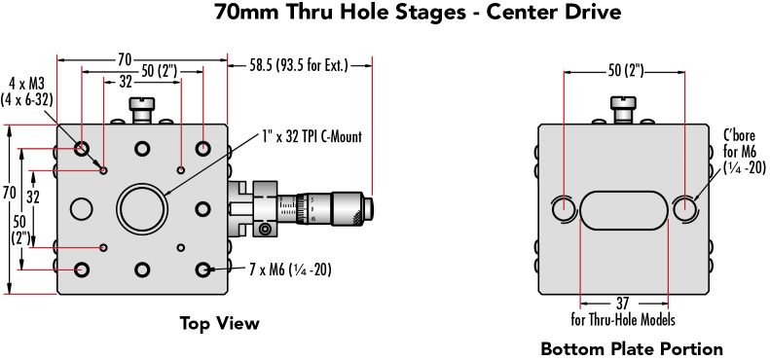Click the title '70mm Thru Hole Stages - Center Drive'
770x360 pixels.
(x=418, y=13)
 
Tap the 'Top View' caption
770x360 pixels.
(x=219, y=323)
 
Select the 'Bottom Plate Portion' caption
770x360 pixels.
(x=632, y=349)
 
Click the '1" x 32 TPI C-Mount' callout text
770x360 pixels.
(x=312, y=136)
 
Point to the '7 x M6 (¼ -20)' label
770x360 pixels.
(x=290, y=270)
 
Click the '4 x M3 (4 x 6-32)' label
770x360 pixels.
(x=26, y=91)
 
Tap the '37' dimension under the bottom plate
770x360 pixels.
(x=623, y=303)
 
